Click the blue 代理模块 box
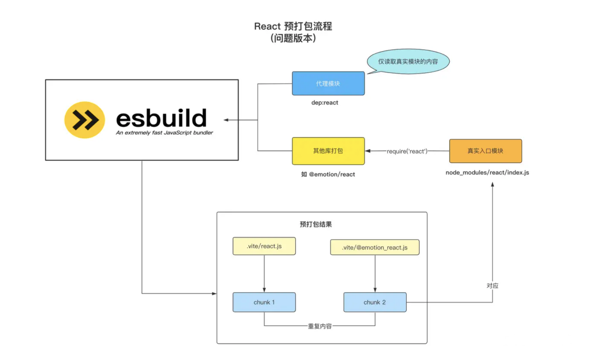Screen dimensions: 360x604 [x=328, y=83]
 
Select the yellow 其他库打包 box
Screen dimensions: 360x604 [x=328, y=151]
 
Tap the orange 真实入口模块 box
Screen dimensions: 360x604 [x=485, y=151]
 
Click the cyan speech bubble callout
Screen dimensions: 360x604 [x=408, y=61]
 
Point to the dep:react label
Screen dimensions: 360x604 [x=325, y=103]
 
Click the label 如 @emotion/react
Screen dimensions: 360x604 [x=328, y=174]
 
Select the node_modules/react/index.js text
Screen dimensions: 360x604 [x=487, y=172]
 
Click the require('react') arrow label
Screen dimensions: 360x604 [x=407, y=151]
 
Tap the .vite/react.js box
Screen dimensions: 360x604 [x=264, y=246]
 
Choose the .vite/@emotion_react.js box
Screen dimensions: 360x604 [x=375, y=247]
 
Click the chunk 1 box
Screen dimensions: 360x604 [x=264, y=302]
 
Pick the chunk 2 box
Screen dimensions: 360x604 [x=375, y=302]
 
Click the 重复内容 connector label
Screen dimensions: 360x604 [x=320, y=326]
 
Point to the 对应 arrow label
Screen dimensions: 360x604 [x=492, y=286]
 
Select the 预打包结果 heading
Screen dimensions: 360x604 [x=316, y=224]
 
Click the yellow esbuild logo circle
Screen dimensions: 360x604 [x=85, y=120]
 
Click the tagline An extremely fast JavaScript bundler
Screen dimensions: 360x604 [x=164, y=133]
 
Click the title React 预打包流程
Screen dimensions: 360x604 [x=293, y=26]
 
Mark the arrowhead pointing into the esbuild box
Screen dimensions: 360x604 [x=226, y=120]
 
